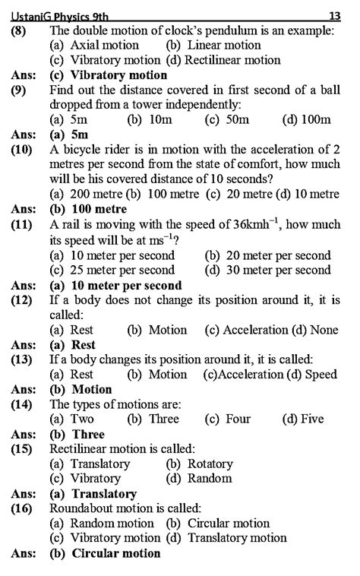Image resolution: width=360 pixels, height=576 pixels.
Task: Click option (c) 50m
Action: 228,120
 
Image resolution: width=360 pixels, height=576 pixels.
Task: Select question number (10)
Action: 21,150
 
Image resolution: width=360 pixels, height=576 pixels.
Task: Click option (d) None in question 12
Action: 316,330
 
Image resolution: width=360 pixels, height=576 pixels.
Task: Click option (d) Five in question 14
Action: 302,419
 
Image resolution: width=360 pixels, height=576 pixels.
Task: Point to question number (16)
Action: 21,508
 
